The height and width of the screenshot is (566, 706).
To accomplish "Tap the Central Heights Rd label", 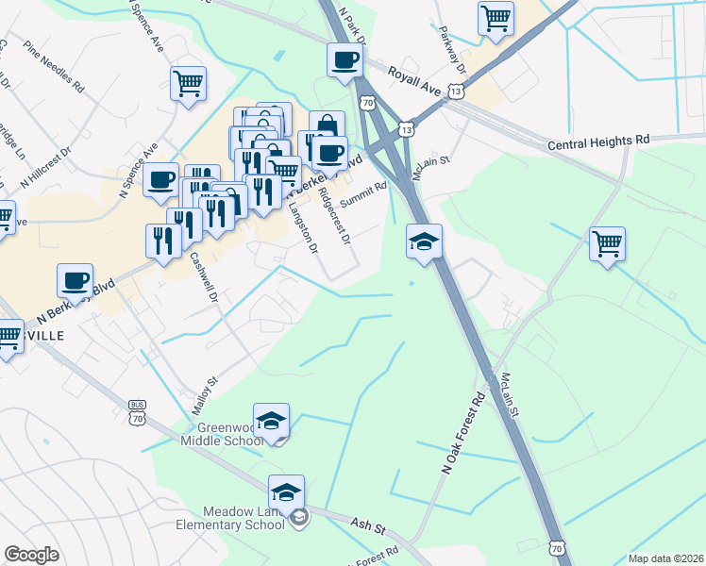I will (599, 143).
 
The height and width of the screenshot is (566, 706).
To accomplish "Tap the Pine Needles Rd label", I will (55, 64).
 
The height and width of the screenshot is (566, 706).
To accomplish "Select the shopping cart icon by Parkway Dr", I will (496, 17).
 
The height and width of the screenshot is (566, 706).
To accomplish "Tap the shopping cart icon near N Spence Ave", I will (188, 82).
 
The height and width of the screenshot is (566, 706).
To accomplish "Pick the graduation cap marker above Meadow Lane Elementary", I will (286, 491).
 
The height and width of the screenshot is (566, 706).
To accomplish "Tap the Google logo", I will (31, 555).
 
